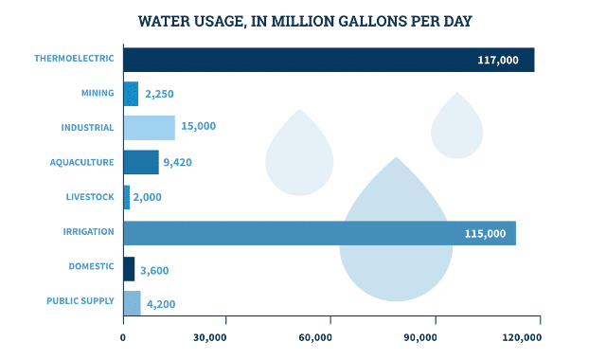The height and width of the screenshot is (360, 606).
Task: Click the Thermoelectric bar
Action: (x=329, y=60)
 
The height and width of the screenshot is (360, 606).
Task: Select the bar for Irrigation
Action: (x=319, y=233)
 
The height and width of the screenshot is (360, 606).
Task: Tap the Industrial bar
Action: (x=149, y=128)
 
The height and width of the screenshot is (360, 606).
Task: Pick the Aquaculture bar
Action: (x=141, y=162)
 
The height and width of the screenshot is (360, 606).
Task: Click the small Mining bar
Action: (x=131, y=94)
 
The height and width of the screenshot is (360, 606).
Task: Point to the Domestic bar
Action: (x=129, y=269)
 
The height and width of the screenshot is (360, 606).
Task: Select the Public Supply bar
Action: (x=132, y=303)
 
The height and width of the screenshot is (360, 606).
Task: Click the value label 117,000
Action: (x=498, y=60)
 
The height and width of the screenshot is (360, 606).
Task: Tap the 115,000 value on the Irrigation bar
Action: (x=485, y=233)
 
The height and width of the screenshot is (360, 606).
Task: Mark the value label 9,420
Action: (x=177, y=162)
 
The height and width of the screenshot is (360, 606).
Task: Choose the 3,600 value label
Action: (x=154, y=270)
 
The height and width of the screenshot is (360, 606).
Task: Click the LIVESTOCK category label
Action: (x=90, y=197)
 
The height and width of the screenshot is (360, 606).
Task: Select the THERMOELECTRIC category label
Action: (x=74, y=59)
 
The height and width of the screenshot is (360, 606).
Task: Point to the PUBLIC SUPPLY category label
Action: (x=80, y=302)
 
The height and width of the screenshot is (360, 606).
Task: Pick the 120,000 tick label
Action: (x=520, y=337)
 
